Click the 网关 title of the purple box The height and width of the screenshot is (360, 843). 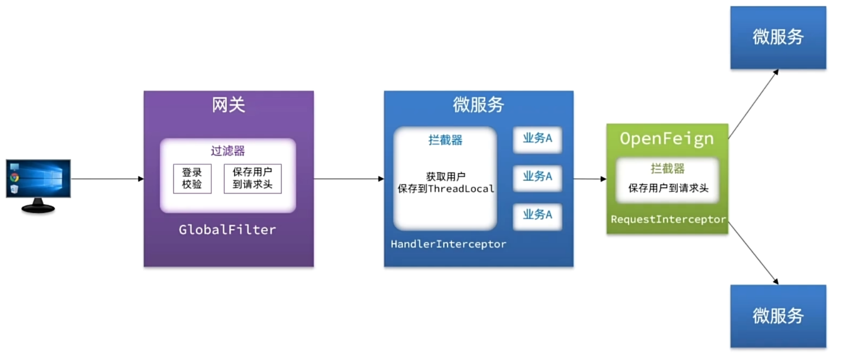coord(228,105)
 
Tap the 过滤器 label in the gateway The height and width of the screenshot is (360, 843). coord(228,151)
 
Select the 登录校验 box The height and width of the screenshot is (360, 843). coord(192,178)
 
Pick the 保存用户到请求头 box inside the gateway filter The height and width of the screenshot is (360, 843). coord(252,178)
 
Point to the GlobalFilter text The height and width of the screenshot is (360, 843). coord(227,230)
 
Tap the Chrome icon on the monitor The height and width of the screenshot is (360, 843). coord(14,178)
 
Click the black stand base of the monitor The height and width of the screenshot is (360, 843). coord(38,208)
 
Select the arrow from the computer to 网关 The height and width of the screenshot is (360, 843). coord(107,179)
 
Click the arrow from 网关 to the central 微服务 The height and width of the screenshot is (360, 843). coord(349,179)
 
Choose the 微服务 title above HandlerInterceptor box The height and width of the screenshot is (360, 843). coord(478,105)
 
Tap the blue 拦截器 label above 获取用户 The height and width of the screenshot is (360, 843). coord(445,140)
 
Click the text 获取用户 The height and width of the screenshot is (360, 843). coord(446,177)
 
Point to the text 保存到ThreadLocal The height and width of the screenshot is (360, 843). coord(446,189)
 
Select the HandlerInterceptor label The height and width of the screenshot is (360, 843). coord(448,244)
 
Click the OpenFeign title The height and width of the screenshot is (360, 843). coord(667,139)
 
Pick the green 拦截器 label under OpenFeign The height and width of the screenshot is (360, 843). coord(667,168)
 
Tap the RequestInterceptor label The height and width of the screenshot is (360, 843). coord(668,219)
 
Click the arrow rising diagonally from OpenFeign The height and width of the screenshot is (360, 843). coord(753,104)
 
